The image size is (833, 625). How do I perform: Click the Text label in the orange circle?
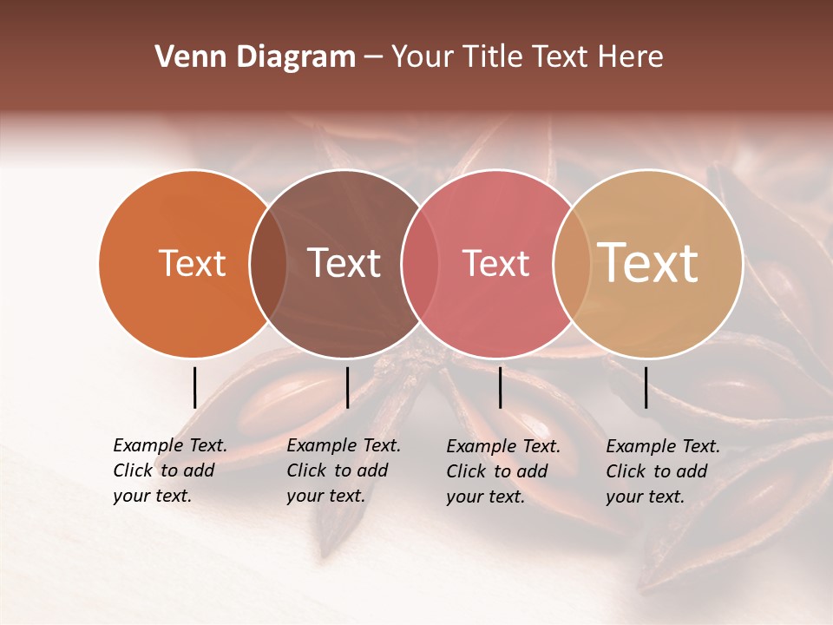coord(192,263)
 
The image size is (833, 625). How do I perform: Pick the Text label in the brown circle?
coord(344,263)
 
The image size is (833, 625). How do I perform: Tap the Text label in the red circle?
coord(495,263)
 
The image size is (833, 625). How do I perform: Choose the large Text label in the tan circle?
coord(648,263)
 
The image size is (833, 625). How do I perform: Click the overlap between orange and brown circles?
coord(268,264)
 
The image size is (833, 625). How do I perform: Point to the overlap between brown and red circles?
coord(420,264)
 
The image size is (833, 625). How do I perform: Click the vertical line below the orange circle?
coord(194,387)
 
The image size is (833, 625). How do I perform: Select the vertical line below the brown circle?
coord(347,387)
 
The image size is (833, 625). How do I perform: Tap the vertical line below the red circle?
coord(500,387)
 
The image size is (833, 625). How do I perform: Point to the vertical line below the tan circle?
coord(646,387)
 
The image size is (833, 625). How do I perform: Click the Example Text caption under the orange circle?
coord(169,470)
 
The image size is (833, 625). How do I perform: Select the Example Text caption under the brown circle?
coord(343,470)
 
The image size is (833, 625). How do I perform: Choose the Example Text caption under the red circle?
coord(502,471)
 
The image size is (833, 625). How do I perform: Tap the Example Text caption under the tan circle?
coord(662,471)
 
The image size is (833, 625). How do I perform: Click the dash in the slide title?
coord(373,58)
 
